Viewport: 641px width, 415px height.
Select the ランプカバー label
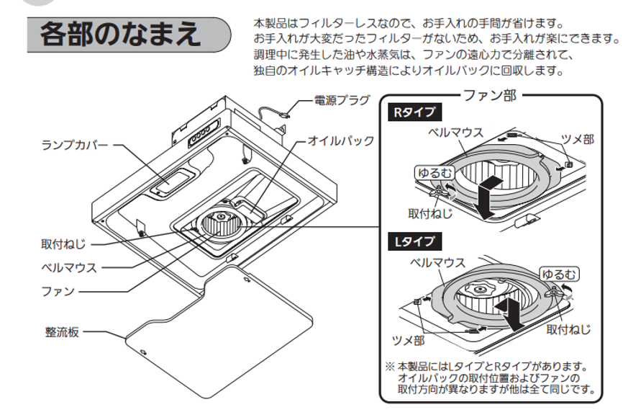coord(75,145)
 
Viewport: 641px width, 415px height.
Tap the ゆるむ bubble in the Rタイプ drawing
coord(435,173)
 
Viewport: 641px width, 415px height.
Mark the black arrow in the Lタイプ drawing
coord(515,314)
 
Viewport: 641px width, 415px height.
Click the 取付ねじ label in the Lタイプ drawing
coord(568,329)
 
